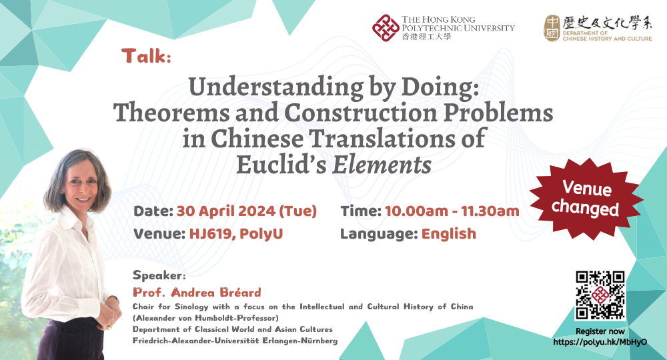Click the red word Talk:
(x=147, y=56)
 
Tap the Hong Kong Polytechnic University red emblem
(x=386, y=28)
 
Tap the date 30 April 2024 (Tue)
(x=246, y=211)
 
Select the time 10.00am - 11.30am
(x=452, y=211)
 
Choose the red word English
(x=448, y=234)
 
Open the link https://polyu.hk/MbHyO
(x=600, y=341)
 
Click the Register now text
(x=600, y=331)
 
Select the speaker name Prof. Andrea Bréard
(x=197, y=293)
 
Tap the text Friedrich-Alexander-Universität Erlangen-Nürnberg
(x=235, y=341)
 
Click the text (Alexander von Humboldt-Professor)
(x=205, y=318)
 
